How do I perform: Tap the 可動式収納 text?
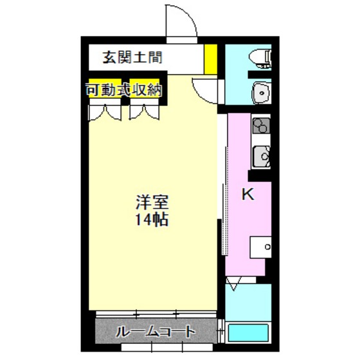click(123, 90)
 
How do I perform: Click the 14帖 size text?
click(152, 220)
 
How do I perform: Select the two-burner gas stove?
click(260, 125)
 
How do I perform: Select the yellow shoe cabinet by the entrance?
click(210, 58)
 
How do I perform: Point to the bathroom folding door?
click(235, 281)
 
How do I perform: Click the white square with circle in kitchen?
click(261, 247)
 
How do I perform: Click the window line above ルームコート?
click(154, 315)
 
